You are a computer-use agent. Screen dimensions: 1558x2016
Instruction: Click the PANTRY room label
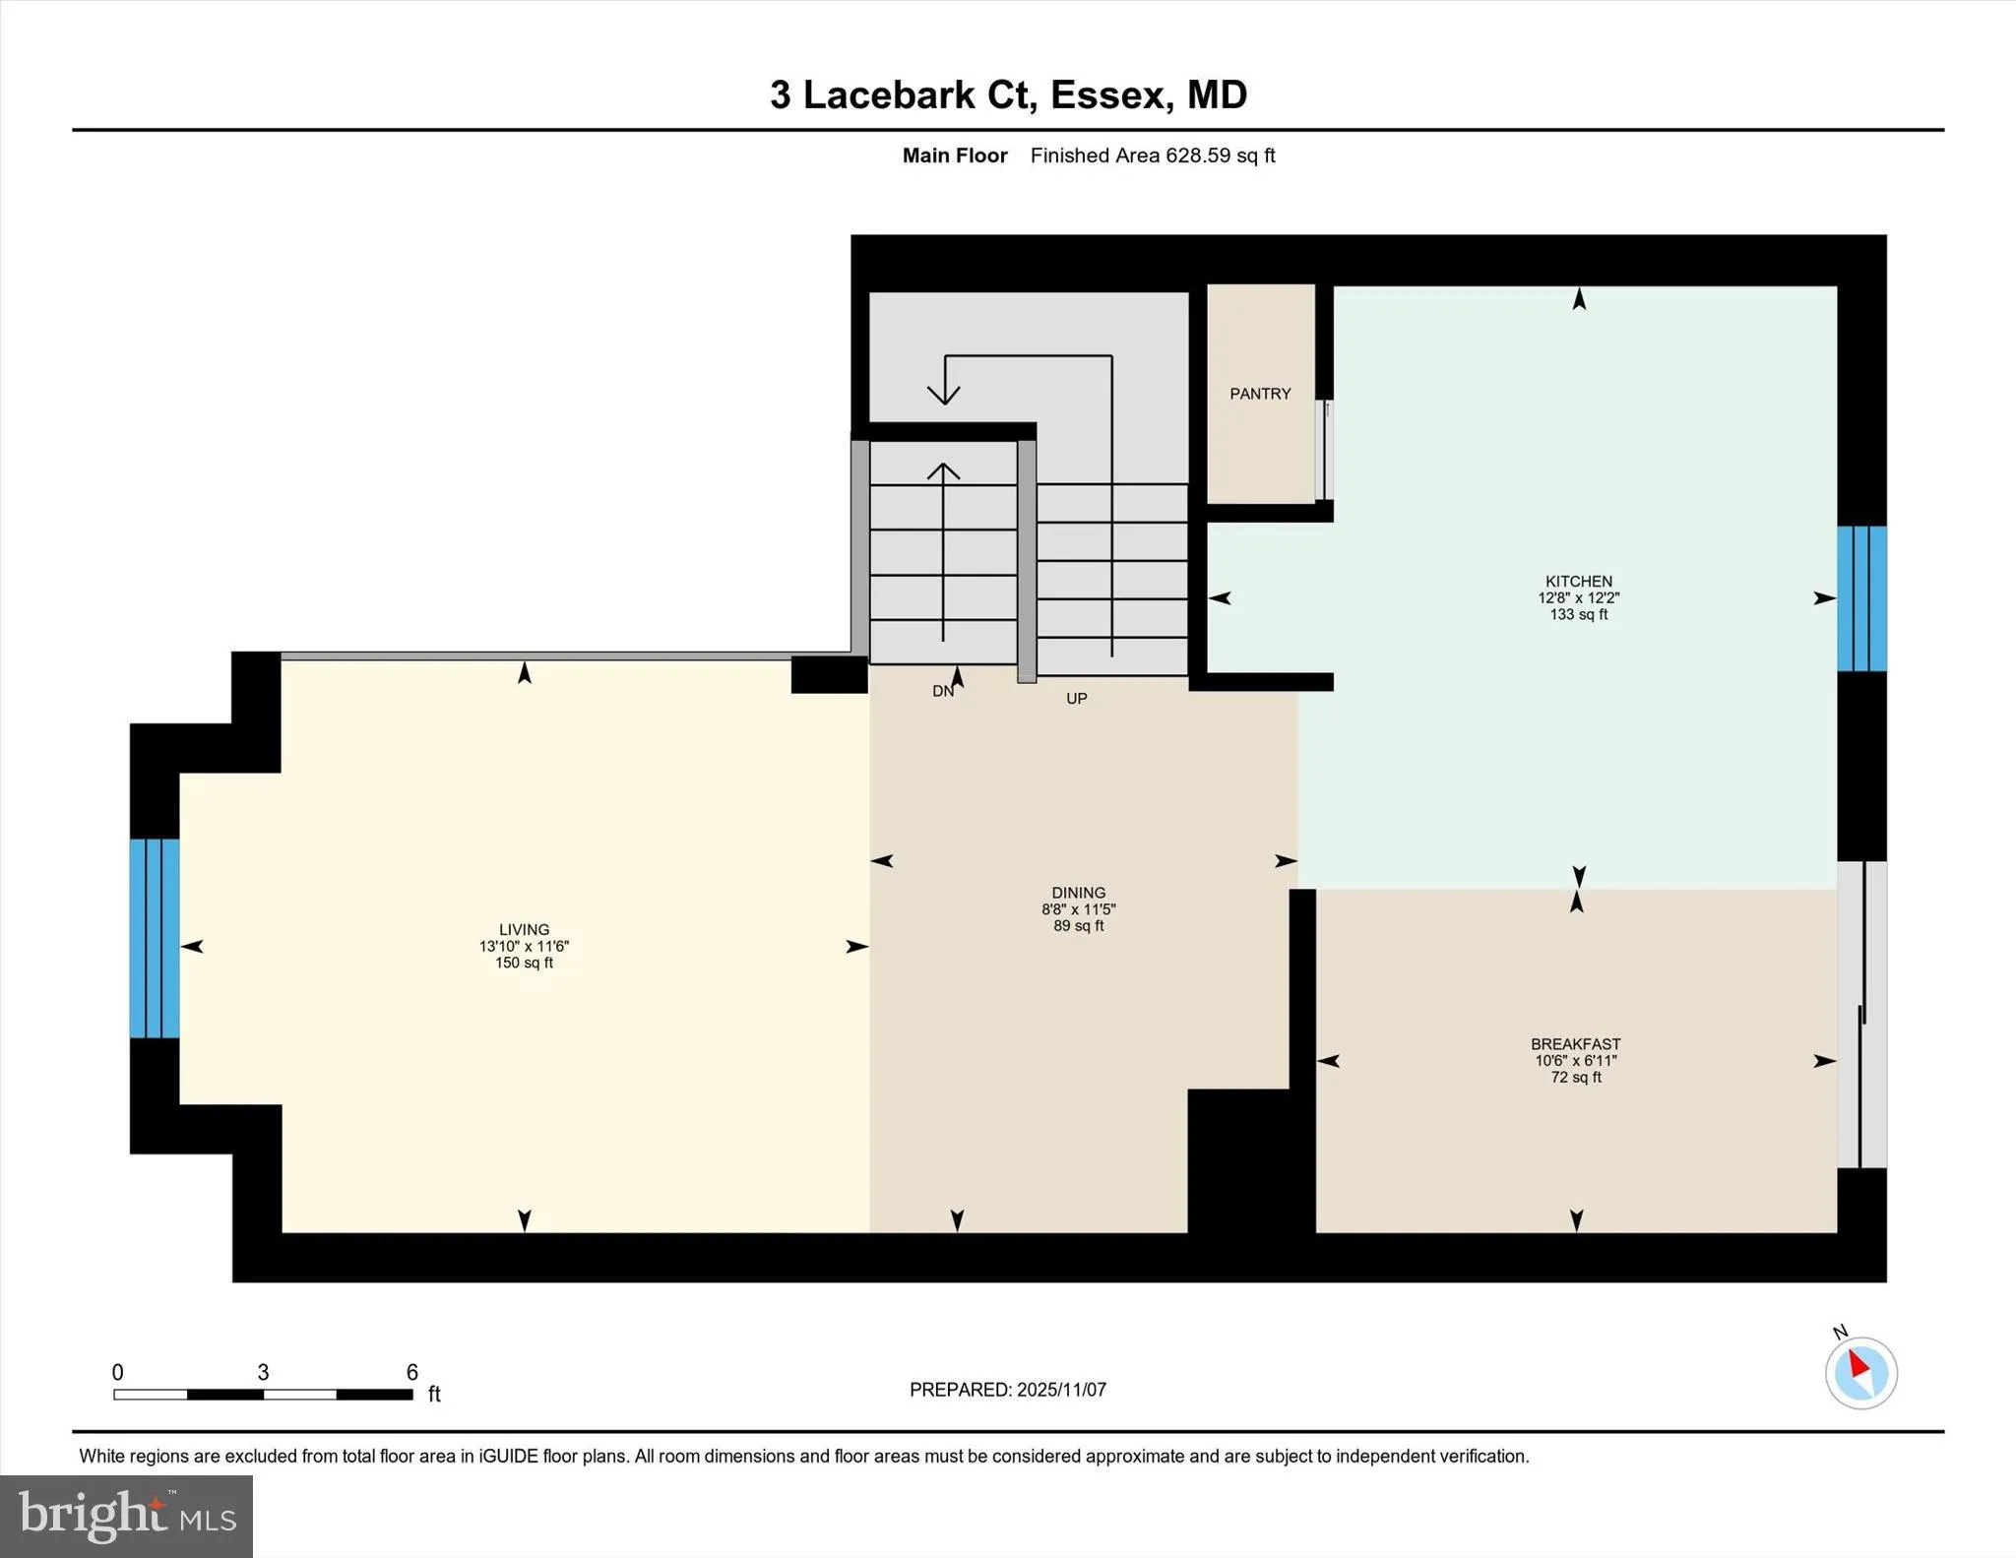click(1259, 394)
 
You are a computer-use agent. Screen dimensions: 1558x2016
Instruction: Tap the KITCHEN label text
click(1578, 581)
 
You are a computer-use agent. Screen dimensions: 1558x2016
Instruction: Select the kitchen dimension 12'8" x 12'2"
click(1578, 597)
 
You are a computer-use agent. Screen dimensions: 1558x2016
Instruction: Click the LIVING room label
click(524, 929)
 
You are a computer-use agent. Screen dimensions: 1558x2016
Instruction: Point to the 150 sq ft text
click(524, 963)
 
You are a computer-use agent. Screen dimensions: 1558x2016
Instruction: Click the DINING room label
click(1078, 893)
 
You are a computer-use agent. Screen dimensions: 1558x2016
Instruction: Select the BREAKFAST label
click(1575, 1044)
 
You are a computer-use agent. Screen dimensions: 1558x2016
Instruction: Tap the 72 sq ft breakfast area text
click(1575, 1078)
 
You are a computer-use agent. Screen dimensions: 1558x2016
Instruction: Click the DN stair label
click(942, 692)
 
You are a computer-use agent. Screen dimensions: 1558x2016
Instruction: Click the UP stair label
click(1076, 699)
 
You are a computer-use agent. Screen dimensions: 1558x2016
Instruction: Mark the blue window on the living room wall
click(155, 938)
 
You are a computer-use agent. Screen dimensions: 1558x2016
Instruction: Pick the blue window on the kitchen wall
click(1861, 598)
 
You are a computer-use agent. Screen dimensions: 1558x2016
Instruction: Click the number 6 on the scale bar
click(411, 1372)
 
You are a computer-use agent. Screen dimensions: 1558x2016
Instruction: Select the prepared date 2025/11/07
click(1061, 1390)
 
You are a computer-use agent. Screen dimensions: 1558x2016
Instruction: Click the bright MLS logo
click(126, 1516)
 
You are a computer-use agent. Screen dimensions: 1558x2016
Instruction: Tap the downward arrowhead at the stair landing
click(944, 394)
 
